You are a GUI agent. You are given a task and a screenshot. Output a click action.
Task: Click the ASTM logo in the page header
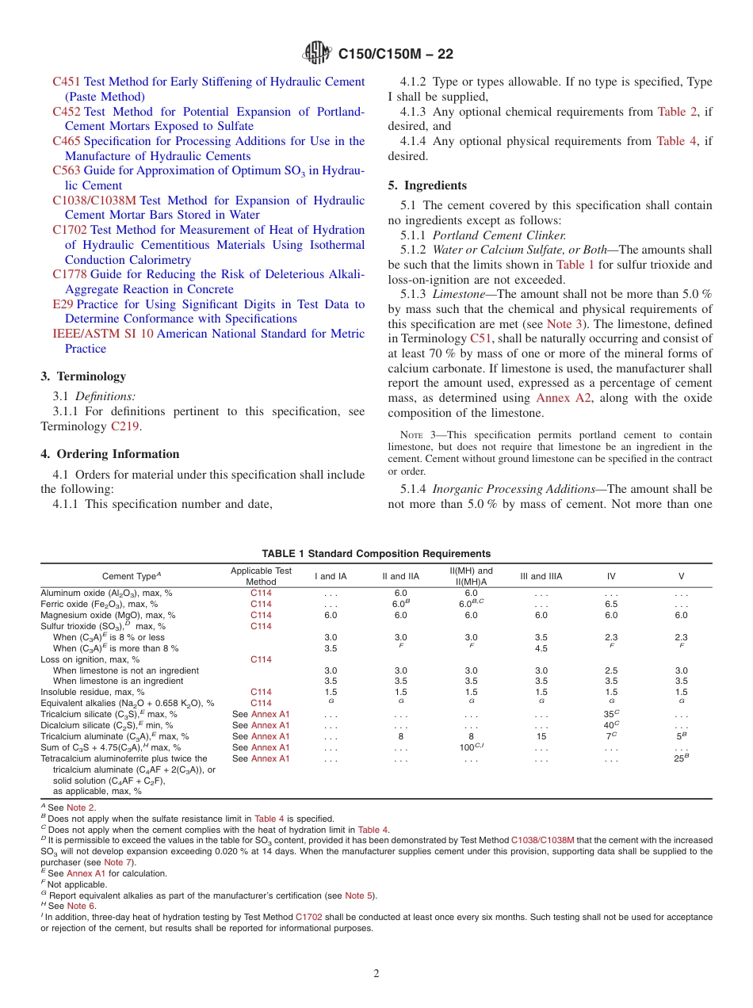click(x=316, y=54)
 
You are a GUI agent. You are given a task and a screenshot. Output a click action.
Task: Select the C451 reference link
click(x=66, y=82)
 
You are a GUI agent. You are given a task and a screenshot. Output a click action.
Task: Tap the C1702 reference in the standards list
click(x=70, y=231)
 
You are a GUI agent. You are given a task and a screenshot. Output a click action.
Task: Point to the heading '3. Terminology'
click(x=83, y=376)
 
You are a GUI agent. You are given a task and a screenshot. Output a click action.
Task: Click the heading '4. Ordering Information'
click(x=110, y=454)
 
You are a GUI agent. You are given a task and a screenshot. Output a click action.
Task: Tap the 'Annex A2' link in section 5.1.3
click(x=564, y=398)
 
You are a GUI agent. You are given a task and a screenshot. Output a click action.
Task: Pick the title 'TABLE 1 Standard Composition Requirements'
click(x=376, y=554)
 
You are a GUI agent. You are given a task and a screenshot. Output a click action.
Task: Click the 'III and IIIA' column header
click(x=541, y=576)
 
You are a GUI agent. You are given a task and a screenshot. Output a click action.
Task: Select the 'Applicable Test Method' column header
click(x=261, y=576)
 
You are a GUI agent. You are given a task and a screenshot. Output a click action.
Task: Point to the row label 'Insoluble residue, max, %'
click(x=93, y=692)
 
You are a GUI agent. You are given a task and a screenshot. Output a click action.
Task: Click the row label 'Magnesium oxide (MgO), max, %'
click(x=108, y=615)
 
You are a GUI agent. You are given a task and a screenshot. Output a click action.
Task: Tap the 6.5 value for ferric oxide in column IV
click(x=611, y=604)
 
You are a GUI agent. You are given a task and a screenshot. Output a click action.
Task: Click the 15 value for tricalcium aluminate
click(x=541, y=736)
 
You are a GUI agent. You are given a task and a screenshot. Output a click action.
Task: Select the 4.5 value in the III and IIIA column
click(x=541, y=648)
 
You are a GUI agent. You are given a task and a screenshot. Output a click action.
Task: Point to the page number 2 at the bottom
click(x=376, y=974)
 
